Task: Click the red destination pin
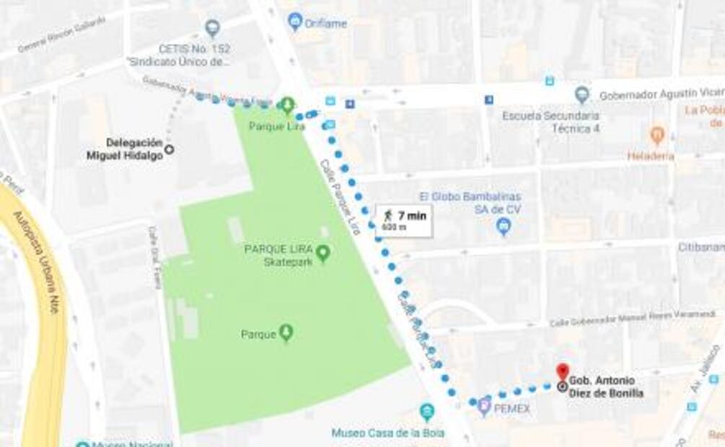click(x=562, y=371)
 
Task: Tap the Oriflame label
click(x=325, y=23)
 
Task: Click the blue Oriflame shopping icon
click(x=295, y=21)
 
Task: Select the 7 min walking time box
click(x=403, y=221)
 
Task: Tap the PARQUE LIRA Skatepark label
click(x=278, y=255)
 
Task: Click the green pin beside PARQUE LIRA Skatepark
click(x=323, y=253)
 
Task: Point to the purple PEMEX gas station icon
click(x=483, y=407)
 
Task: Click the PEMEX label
click(x=512, y=409)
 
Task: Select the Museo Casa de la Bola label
click(x=387, y=433)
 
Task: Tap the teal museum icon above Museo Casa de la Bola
click(x=427, y=412)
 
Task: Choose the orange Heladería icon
click(x=656, y=135)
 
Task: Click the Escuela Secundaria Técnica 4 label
click(x=550, y=121)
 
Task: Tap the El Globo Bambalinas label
click(x=470, y=202)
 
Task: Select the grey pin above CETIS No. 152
click(x=211, y=29)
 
